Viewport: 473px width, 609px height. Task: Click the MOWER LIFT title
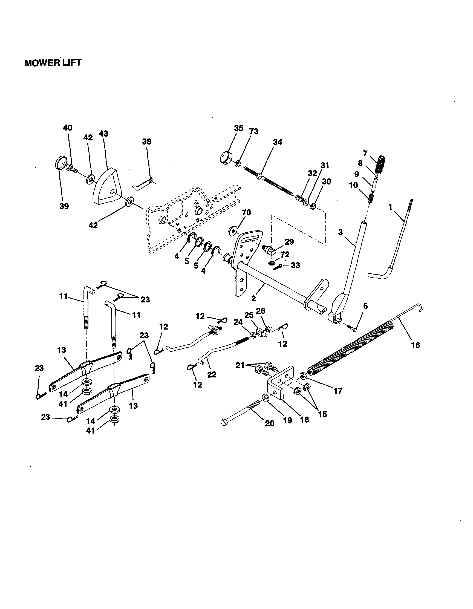53,63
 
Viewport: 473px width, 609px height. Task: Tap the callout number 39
64,206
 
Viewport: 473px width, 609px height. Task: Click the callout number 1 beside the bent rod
390,207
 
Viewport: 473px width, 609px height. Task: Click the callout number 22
212,374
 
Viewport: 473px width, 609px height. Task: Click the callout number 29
289,241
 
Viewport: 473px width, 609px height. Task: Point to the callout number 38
147,142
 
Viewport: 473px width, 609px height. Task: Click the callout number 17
338,391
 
